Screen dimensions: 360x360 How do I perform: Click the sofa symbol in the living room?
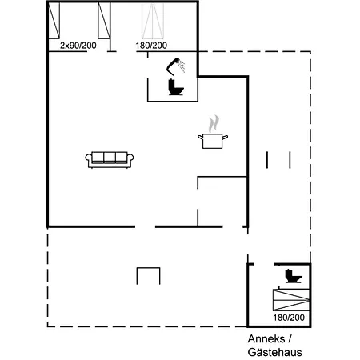tap(110, 160)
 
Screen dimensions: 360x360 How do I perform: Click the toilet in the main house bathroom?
tap(176, 87)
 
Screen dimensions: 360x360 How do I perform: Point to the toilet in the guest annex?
tap(294, 276)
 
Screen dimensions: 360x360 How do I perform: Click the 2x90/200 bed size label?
tap(78, 46)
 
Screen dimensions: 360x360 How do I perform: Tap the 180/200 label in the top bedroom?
tap(151, 46)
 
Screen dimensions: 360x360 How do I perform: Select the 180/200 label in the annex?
tap(289, 318)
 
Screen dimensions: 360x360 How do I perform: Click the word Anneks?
tap(266, 339)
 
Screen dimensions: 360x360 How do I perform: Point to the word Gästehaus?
tap(274, 353)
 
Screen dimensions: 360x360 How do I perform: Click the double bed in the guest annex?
tap(291, 300)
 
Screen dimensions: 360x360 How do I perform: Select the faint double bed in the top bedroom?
tap(153, 21)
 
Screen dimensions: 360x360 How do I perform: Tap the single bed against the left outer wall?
tap(54, 21)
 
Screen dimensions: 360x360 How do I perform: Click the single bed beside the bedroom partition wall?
tap(104, 21)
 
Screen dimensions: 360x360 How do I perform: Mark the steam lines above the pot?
tap(214, 124)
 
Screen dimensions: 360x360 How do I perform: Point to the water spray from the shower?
tap(182, 66)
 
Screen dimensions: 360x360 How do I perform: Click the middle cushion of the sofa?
tap(110, 157)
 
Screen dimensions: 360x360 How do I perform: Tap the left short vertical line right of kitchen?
tap(267, 160)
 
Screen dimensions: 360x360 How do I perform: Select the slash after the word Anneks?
tap(290, 339)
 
